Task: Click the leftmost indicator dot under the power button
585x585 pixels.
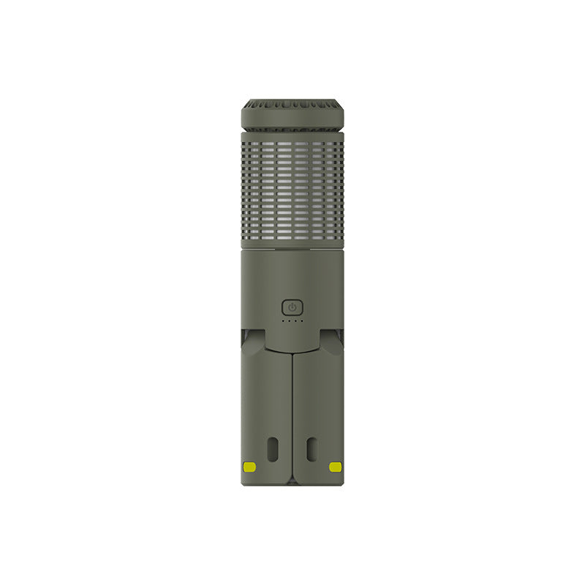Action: point(284,320)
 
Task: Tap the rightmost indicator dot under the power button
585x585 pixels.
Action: point(301,320)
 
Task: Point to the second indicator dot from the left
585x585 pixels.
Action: point(290,320)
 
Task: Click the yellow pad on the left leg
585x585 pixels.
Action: point(249,467)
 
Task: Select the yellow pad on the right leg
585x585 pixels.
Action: point(336,467)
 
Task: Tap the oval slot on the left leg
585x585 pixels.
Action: point(273,449)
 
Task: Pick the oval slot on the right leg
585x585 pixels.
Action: point(312,449)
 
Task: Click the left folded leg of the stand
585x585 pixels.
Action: point(266,409)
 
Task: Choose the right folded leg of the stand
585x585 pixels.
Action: point(319,409)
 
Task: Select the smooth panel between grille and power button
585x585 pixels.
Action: point(292,274)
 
